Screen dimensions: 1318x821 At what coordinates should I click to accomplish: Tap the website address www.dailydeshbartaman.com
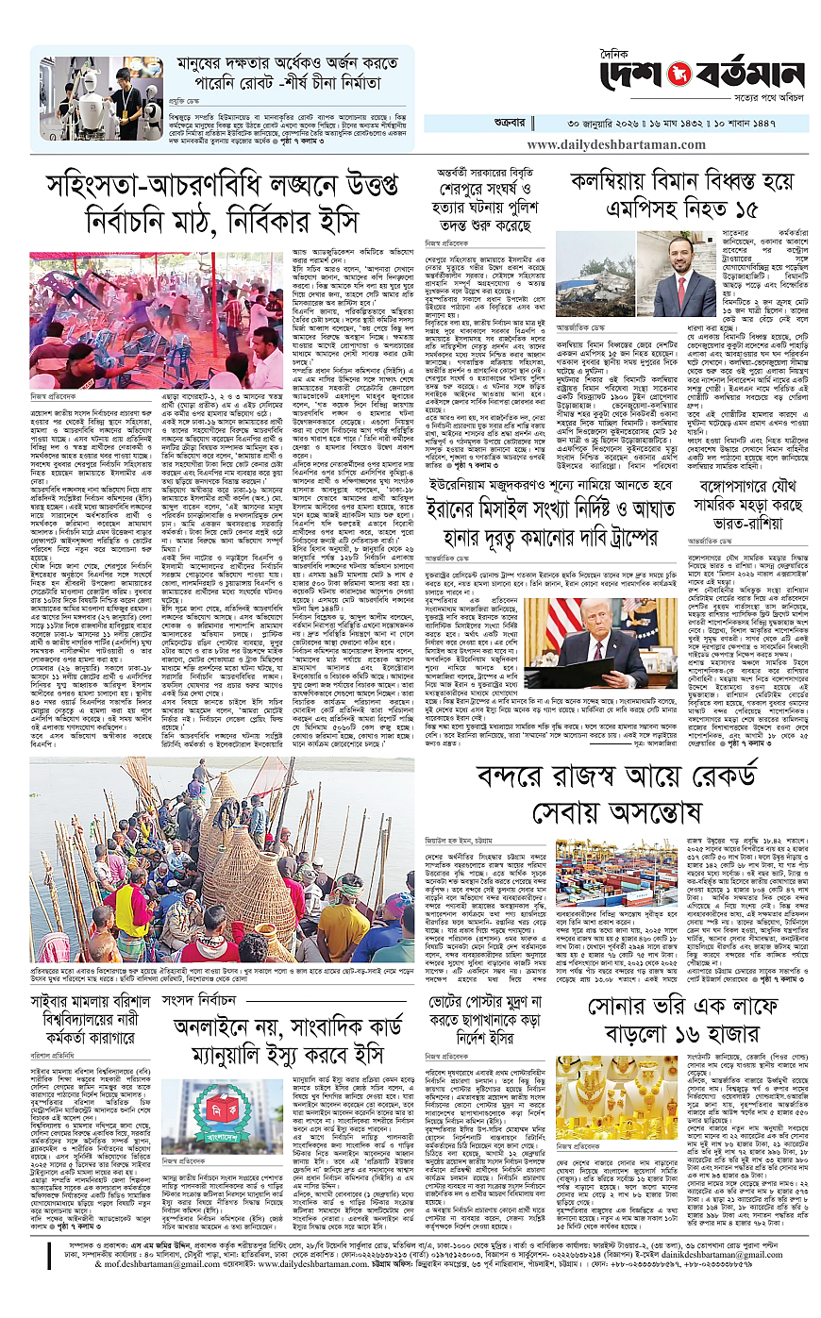coord(619,144)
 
